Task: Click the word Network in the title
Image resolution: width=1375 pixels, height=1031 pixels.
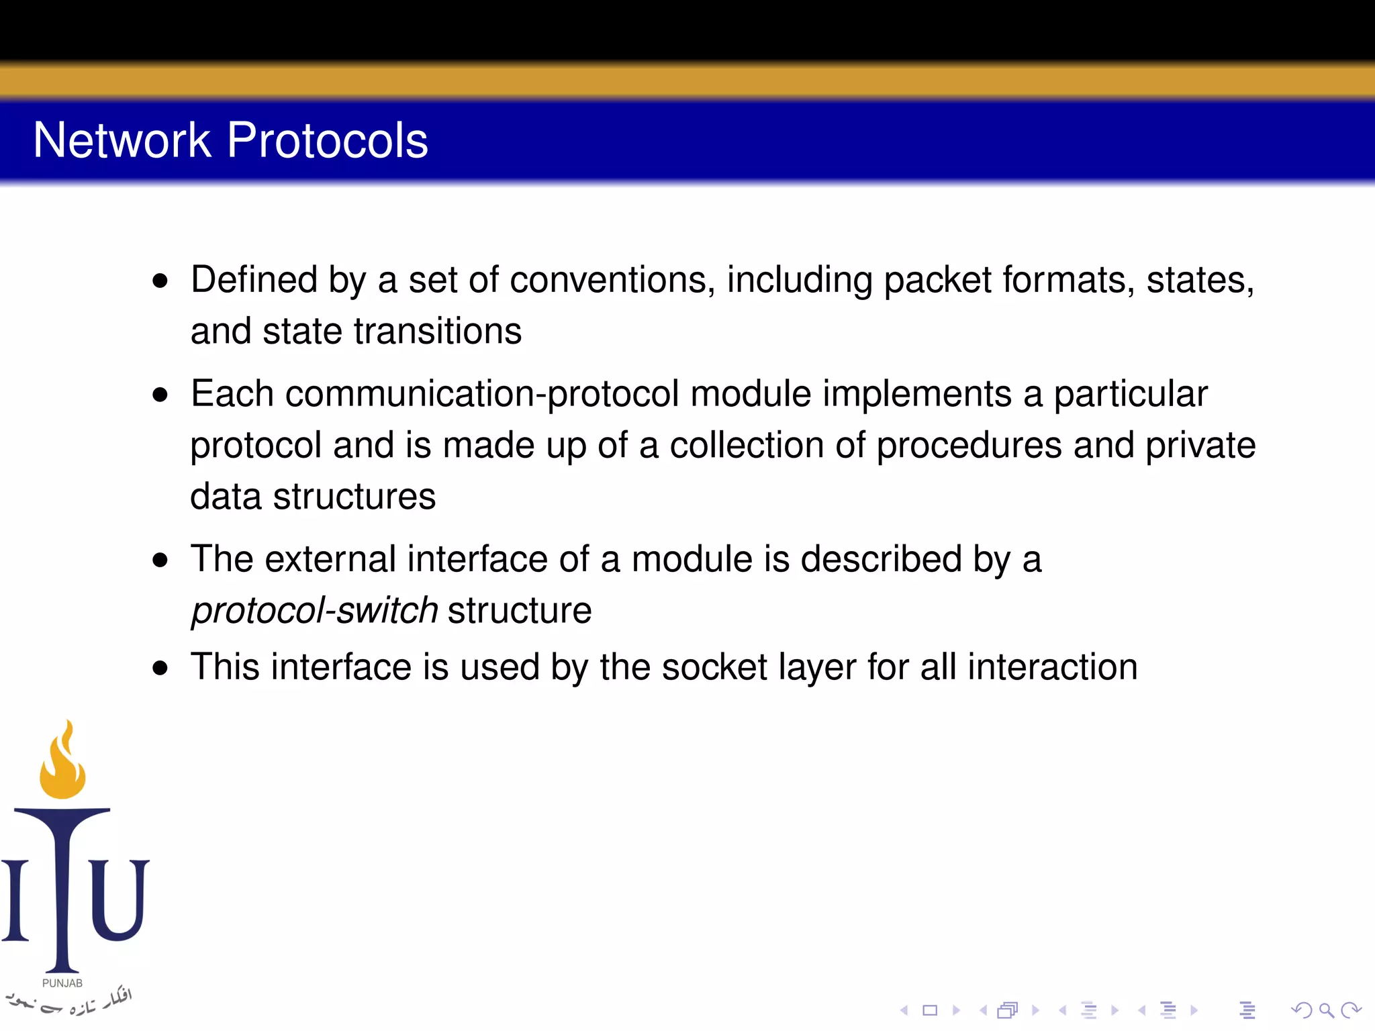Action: pyautogui.click(x=122, y=140)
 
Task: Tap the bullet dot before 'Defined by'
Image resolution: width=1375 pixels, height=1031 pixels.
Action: pyautogui.click(x=160, y=281)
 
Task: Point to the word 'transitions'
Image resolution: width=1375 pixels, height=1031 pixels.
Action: pyautogui.click(x=437, y=332)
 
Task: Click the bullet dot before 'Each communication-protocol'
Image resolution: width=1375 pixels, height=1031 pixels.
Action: pyautogui.click(x=160, y=395)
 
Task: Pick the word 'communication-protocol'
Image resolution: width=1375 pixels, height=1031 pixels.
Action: pyautogui.click(x=482, y=394)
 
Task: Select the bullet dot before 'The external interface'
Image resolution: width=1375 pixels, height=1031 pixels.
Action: pyautogui.click(x=160, y=560)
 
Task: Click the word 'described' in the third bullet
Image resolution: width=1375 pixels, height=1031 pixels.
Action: pyautogui.click(x=882, y=559)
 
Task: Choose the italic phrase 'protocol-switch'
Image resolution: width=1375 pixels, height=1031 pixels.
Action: pyautogui.click(x=314, y=611)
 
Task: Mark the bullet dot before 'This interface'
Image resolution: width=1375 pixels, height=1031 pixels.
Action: pyautogui.click(x=160, y=668)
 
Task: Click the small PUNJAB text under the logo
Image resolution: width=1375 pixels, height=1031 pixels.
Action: pyautogui.click(x=62, y=983)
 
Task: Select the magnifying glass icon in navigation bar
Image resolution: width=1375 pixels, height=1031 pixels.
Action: pyautogui.click(x=1326, y=1010)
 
